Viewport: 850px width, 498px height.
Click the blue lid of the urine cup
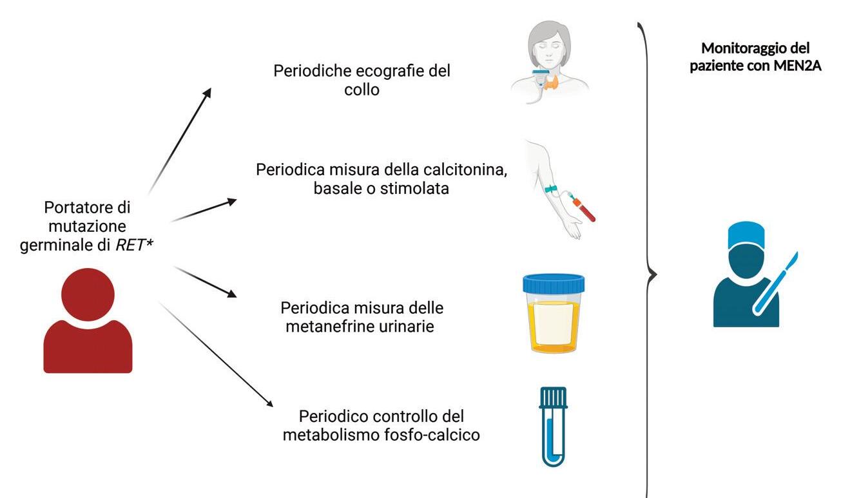tap(554, 282)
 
